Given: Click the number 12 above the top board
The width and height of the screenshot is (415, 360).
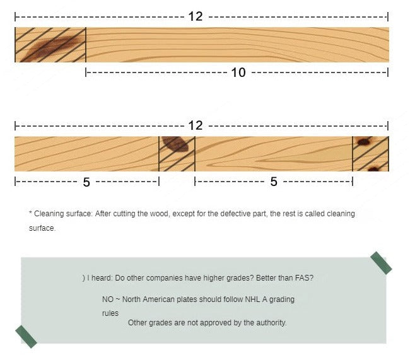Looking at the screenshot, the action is (196, 16).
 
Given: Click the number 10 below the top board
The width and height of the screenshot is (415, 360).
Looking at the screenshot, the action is (238, 73).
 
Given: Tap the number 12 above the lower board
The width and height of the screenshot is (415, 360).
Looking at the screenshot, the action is (196, 125).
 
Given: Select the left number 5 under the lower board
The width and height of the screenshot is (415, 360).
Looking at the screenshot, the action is (86, 182).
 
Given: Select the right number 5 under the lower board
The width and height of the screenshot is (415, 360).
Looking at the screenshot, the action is (274, 182).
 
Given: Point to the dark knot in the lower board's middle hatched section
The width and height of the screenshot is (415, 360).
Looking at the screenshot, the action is (175, 144).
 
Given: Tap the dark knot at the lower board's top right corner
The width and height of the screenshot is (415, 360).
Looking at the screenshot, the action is (364, 141).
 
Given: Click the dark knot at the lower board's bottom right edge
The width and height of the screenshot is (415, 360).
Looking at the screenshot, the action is (374, 168).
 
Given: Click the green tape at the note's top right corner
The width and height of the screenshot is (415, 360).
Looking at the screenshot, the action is (381, 263).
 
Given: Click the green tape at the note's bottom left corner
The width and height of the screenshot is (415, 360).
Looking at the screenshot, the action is (26, 337).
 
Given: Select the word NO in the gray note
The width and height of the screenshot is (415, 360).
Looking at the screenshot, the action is (108, 299).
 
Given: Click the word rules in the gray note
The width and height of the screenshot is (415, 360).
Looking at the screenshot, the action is (110, 313).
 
